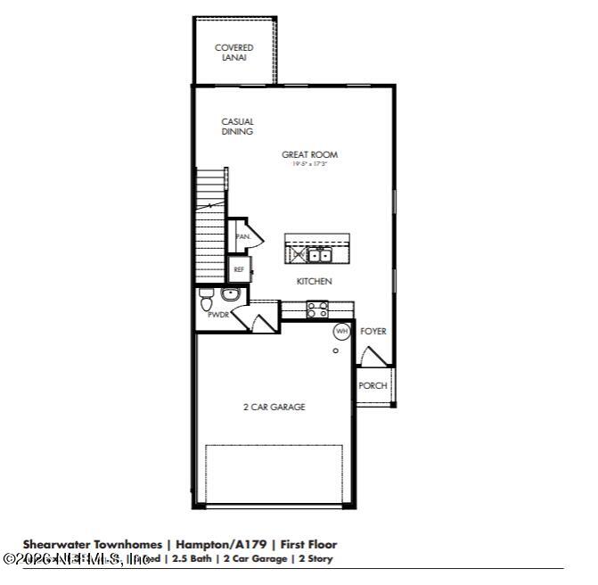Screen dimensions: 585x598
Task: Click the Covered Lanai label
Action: point(233,53)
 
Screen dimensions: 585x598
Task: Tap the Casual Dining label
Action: point(237,127)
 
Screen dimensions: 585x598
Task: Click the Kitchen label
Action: point(314,281)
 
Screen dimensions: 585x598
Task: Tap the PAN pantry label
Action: point(242,237)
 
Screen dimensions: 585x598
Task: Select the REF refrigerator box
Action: point(239,268)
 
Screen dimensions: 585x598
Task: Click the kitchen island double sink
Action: point(318,256)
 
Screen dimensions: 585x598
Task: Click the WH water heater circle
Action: point(340,331)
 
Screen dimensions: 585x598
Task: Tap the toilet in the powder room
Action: point(206,295)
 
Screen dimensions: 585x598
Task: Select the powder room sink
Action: point(230,294)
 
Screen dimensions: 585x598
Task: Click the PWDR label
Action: point(217,315)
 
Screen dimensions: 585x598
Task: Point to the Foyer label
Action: point(373,331)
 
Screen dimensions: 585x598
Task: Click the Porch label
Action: point(373,385)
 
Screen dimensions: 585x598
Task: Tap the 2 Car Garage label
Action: point(274,407)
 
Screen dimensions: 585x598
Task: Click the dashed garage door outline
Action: point(274,474)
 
